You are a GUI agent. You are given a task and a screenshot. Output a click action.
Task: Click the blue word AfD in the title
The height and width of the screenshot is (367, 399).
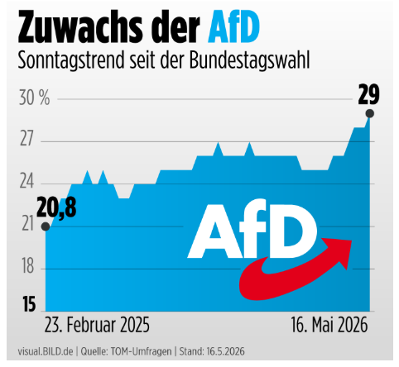coord(233,26)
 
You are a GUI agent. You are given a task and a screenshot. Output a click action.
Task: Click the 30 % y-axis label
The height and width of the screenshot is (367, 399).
coord(34,98)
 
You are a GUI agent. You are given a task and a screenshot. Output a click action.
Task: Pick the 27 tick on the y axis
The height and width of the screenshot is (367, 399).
coord(26,139)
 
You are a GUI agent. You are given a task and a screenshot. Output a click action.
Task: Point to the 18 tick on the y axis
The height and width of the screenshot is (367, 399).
coord(28,266)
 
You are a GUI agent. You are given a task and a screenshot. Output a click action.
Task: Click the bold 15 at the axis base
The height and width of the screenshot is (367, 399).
coord(29,304)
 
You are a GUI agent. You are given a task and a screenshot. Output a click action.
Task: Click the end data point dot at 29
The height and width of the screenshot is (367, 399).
coord(369,113)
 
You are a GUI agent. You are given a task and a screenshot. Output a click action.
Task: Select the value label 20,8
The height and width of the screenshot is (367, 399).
coord(56,208)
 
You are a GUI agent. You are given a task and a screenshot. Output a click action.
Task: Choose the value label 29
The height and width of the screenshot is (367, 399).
coord(368,95)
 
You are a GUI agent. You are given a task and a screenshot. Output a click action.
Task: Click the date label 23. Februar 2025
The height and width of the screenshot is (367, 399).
coord(97,325)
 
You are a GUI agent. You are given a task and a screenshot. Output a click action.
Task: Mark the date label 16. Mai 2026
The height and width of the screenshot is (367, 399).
coord(329,325)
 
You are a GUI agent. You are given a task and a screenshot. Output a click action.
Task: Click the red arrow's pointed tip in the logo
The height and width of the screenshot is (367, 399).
coord(351,241)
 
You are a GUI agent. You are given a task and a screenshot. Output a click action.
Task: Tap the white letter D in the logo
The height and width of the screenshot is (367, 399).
coord(293,231)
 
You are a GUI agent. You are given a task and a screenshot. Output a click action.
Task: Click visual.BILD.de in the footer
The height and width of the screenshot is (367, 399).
coord(46,351)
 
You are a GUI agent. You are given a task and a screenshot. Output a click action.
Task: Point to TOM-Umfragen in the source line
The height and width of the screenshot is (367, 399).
coord(142,351)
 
